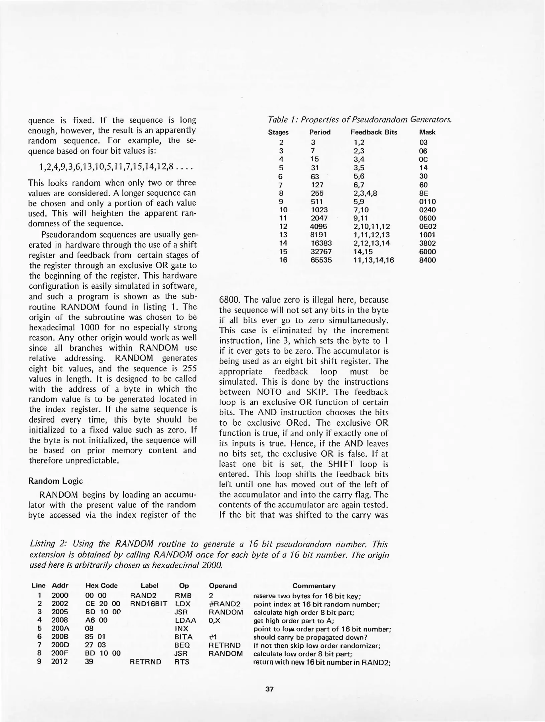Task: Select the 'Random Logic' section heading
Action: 55,481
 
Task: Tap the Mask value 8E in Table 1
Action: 423,193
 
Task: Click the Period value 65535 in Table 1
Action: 321,260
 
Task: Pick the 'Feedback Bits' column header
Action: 374,132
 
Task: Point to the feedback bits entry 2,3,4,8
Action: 365,193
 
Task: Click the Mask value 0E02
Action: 428,227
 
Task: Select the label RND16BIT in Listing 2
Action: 149,604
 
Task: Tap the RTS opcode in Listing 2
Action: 182,662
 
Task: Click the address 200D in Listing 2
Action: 60,645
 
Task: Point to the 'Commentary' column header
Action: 314,586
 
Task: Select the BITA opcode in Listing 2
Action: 183,637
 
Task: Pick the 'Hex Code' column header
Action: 101,586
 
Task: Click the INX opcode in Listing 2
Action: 181,628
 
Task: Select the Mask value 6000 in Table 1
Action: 427,252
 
